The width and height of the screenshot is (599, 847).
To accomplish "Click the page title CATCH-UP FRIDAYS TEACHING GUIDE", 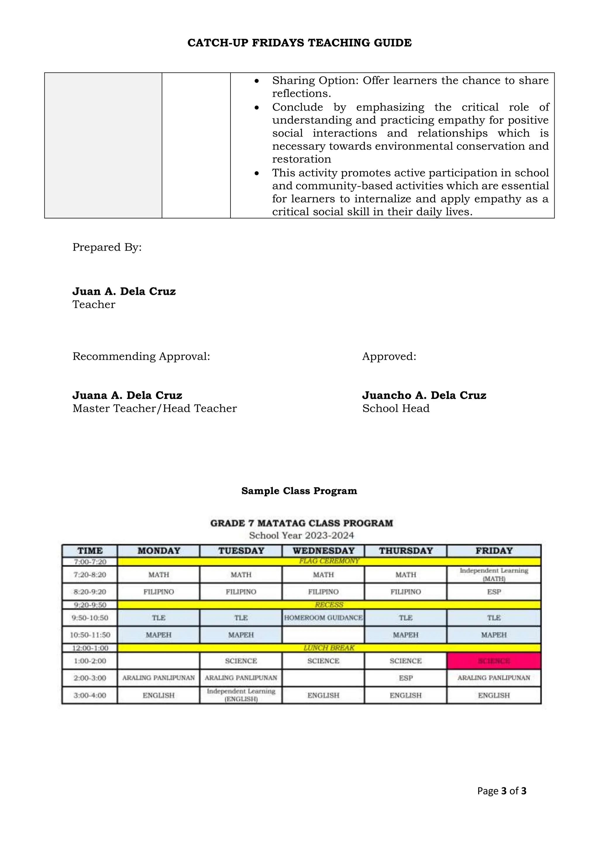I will coord(299,43).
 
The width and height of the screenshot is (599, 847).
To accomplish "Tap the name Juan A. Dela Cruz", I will coord(124,291).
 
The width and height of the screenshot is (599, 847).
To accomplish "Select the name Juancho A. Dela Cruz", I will coord(424,395).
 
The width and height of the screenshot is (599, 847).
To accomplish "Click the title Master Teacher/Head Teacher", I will coord(154,408).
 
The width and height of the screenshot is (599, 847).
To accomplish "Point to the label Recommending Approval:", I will coord(141,356).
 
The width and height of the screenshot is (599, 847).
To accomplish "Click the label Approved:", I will coord(389,356).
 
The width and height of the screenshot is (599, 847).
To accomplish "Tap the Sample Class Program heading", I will coord(299,491).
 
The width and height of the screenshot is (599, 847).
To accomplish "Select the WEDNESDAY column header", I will coord(323,551).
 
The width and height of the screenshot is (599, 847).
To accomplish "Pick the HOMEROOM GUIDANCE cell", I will coord(323,617).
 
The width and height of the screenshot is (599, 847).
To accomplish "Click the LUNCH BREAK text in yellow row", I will coord(329,648).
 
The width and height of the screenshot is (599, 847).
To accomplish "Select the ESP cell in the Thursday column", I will coord(405,678).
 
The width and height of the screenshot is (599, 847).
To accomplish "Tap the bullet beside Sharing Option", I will coord(257,81).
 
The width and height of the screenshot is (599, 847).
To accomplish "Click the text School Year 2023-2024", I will coord(301,535).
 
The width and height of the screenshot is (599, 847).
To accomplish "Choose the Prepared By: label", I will coord(107,247).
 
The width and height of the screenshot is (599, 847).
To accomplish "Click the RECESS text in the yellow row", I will coord(329,605).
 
